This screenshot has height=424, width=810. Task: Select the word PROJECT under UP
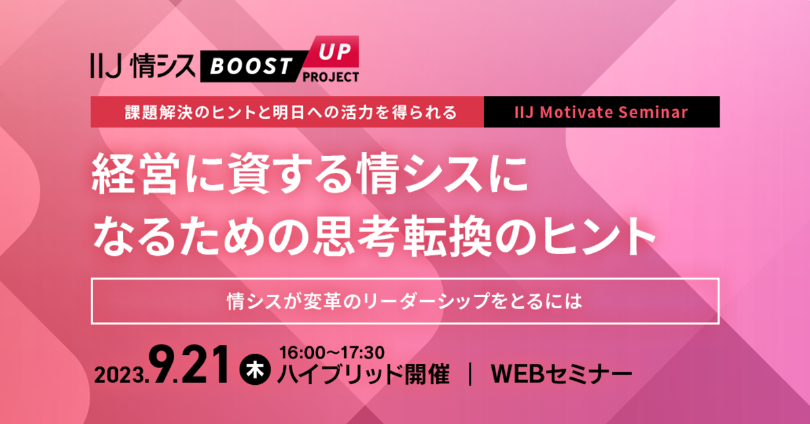330,76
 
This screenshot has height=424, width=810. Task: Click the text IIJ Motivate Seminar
602,112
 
